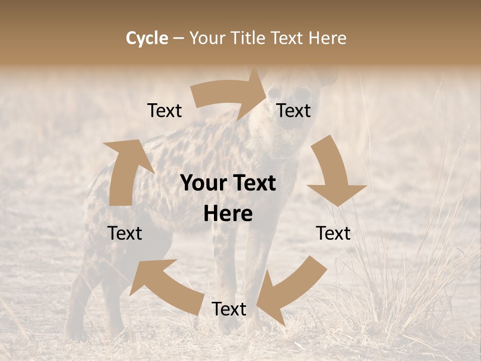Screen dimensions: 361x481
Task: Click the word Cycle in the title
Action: click(147, 38)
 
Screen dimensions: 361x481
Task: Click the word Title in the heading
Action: click(250, 38)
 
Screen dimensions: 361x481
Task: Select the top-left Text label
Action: click(164, 110)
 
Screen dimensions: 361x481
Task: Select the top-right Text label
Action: click(294, 110)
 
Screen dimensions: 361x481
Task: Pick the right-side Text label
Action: click(333, 233)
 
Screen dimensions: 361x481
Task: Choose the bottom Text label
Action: click(229, 309)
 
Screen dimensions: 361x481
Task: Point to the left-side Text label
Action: click(125, 233)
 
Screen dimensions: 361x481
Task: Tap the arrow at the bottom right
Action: click(291, 291)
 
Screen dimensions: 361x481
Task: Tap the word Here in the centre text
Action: click(228, 214)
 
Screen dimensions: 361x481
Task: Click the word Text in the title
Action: click(288, 38)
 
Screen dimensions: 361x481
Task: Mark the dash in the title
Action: click(178, 38)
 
